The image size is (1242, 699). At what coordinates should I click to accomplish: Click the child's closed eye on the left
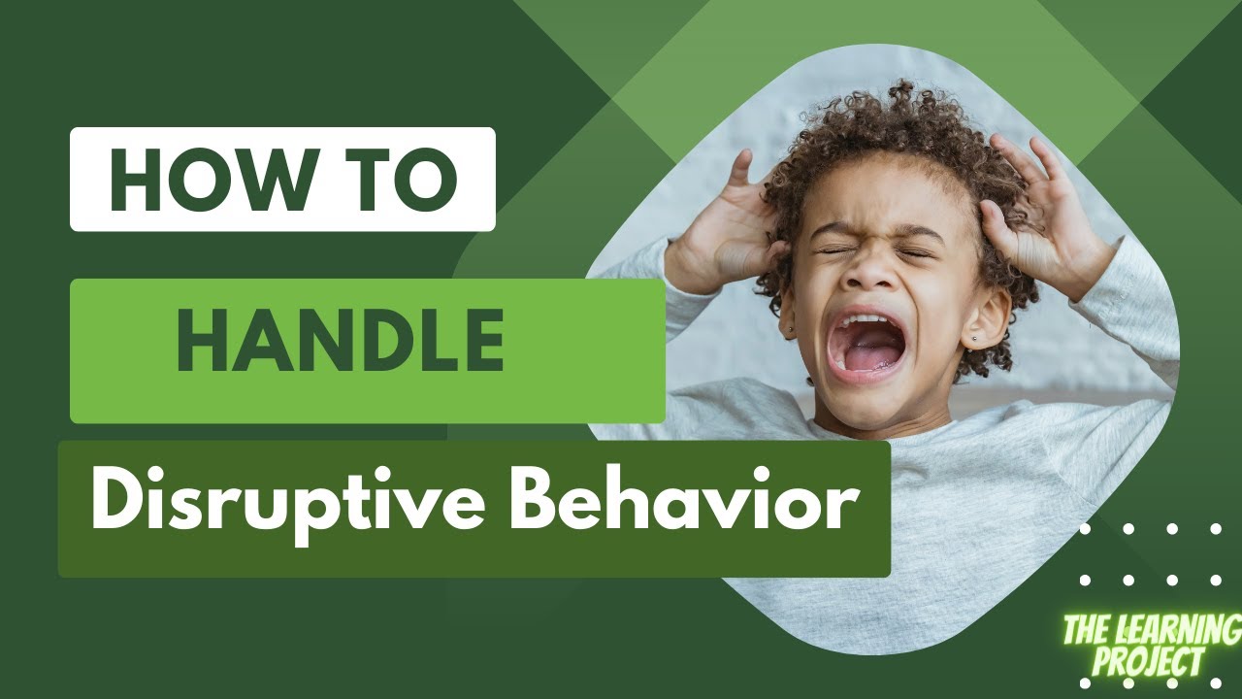pyautogui.click(x=835, y=249)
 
